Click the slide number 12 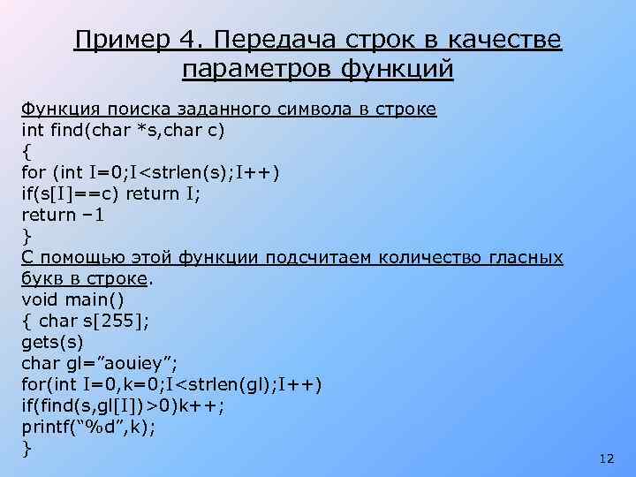[x=605, y=459]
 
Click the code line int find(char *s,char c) [x=123, y=130]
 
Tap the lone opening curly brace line [x=26, y=151]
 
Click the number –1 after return [x=92, y=215]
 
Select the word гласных [x=525, y=257]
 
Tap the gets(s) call [x=52, y=342]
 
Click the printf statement [x=89, y=427]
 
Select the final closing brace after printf [x=26, y=448]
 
